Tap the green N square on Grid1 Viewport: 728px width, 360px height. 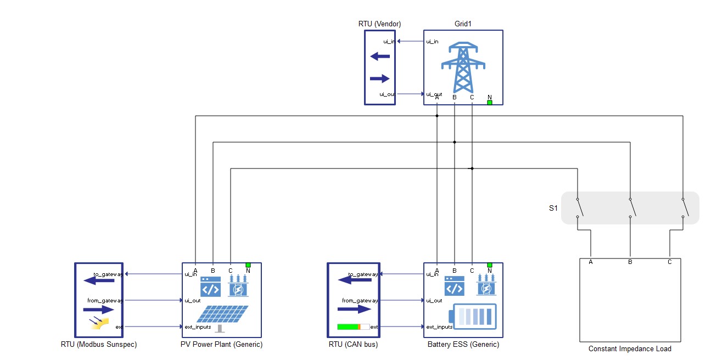click(490, 102)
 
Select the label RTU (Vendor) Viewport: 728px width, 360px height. click(379, 24)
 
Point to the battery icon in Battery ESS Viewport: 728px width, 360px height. click(472, 317)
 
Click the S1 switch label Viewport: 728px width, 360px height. click(553, 209)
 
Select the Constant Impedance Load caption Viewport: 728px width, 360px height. click(630, 348)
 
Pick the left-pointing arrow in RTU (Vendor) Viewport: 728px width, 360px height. click(380, 56)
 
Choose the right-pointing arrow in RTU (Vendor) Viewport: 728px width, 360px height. click(380, 79)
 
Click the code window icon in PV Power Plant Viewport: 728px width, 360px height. click(210, 287)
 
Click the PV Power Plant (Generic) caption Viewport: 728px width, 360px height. click(221, 345)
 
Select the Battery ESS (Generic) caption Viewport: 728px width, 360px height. click(463, 345)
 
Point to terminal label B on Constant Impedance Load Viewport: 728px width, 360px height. click(630, 262)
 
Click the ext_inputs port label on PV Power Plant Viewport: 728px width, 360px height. click(198, 327)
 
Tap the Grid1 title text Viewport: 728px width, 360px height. click(463, 24)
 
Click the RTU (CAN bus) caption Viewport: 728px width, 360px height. click(353, 345)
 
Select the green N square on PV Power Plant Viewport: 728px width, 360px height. click(248, 265)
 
